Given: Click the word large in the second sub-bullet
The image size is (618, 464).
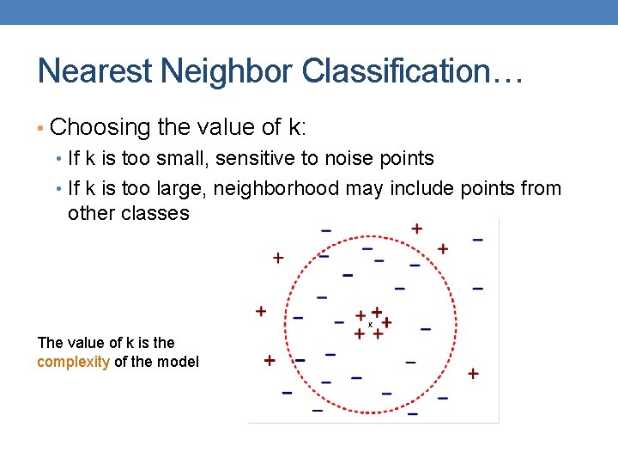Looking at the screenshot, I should click(x=182, y=188).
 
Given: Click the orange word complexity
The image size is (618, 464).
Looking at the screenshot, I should click(x=73, y=362).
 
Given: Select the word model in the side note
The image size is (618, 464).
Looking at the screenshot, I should click(x=179, y=362).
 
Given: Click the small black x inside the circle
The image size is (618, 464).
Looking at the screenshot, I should click(x=370, y=325).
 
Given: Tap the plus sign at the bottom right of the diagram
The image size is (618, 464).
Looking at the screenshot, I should click(x=473, y=374).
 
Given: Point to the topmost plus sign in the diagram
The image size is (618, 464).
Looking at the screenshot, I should click(x=416, y=229).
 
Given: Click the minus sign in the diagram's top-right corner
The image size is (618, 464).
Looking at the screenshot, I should click(x=477, y=240).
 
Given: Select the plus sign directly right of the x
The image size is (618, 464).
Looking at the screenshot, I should click(x=386, y=322).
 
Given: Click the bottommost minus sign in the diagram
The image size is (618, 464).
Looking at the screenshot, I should click(x=413, y=414).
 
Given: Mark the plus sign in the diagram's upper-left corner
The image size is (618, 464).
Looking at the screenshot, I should click(x=277, y=257).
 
